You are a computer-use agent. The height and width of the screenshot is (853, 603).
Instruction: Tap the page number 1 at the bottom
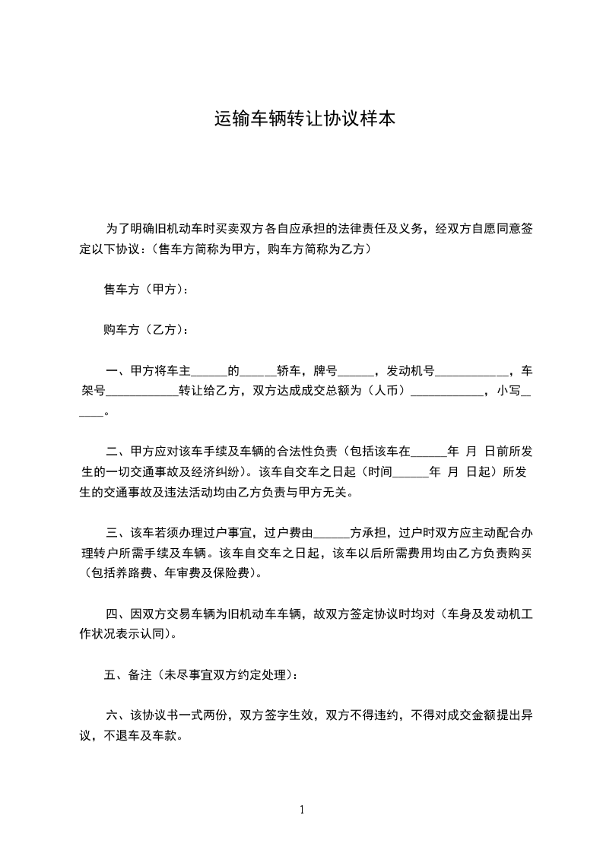coord(302,810)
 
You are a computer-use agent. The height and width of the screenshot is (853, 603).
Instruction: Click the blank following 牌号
coord(355,372)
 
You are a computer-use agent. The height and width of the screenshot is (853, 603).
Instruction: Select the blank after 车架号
coord(142,392)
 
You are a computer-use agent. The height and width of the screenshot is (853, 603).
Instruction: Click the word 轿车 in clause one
coord(295,372)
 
